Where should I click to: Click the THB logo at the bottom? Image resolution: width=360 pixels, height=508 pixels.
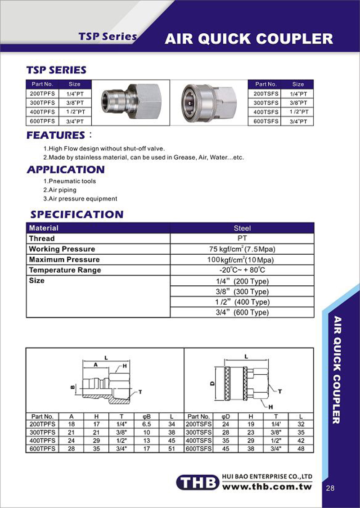tap(197, 483)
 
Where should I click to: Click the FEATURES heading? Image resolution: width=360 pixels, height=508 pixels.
tap(56, 135)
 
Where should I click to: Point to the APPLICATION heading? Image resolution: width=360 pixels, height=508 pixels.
tap(66, 170)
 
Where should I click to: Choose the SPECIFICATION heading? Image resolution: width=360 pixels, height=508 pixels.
tap(76, 214)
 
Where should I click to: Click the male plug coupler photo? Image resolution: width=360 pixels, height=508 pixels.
tap(130, 102)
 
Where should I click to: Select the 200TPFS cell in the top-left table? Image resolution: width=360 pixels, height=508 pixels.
tap(42, 94)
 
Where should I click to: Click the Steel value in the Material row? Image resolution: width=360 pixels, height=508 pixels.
tap(242, 228)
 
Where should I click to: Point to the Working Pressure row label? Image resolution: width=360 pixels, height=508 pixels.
tap(62, 249)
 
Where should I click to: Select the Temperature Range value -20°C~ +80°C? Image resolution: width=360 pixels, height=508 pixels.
tap(242, 270)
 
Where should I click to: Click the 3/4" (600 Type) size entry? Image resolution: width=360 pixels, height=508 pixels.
tap(242, 312)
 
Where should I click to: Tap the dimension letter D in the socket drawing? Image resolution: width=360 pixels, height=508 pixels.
tap(212, 383)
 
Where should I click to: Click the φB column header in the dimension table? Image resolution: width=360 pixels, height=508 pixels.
tap(146, 417)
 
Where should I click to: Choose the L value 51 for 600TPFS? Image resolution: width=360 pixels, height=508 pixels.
tap(171, 449)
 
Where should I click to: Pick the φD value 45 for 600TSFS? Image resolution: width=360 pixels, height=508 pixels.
tap(225, 449)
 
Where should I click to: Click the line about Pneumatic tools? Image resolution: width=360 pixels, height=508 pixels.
tap(70, 181)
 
